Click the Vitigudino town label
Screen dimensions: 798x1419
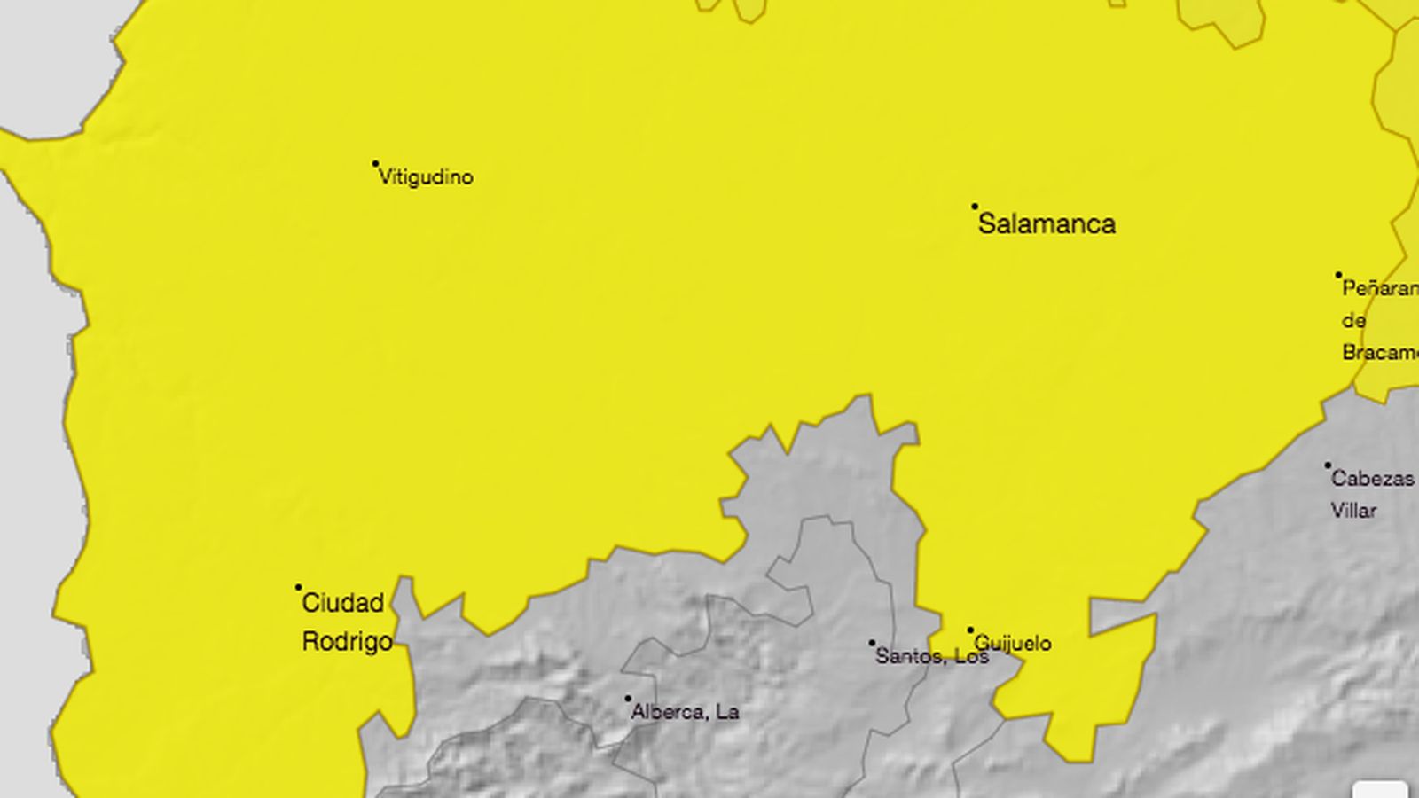(426, 177)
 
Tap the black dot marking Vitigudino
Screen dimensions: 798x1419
(375, 164)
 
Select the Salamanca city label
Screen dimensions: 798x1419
(1047, 223)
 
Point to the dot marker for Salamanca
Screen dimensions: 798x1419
(975, 207)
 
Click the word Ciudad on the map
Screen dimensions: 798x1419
(343, 604)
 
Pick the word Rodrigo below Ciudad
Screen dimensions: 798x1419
(347, 642)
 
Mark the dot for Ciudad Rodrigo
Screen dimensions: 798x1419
(299, 587)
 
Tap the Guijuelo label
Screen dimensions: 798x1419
(1013, 643)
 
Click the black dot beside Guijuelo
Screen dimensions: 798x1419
(970, 630)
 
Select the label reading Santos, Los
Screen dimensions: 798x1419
(931, 656)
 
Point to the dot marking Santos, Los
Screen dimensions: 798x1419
(872, 644)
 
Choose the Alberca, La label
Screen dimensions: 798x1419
(685, 712)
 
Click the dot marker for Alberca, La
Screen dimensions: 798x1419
(628, 699)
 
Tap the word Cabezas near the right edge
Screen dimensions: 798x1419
(1373, 479)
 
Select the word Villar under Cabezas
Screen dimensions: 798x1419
(1353, 511)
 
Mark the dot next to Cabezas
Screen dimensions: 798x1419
(1328, 465)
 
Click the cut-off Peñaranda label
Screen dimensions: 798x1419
(1380, 289)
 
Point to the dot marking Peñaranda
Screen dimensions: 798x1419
(1339, 276)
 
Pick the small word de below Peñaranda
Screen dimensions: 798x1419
(1353, 320)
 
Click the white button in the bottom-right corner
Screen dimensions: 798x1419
(1380, 790)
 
